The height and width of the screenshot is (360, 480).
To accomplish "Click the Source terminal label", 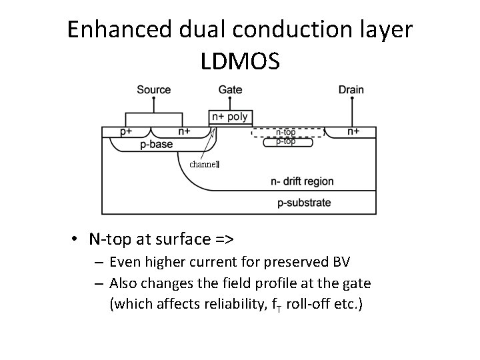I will click(x=153, y=89).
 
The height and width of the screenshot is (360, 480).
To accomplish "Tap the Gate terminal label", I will click(x=230, y=89).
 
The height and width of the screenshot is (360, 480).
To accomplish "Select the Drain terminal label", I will click(x=351, y=89).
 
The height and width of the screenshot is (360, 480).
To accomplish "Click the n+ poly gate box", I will click(x=229, y=117).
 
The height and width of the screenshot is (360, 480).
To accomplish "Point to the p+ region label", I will click(x=127, y=131).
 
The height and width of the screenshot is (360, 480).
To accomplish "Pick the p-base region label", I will click(x=156, y=144).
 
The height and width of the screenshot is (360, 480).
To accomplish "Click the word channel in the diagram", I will click(x=204, y=164).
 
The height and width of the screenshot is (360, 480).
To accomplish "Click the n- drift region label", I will click(x=302, y=181).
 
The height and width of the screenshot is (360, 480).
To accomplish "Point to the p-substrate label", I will click(x=304, y=202).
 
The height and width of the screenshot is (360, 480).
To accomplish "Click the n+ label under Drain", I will click(x=353, y=131).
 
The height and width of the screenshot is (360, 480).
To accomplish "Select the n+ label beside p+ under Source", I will click(x=185, y=131).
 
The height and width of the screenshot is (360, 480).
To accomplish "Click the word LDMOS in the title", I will click(x=240, y=61).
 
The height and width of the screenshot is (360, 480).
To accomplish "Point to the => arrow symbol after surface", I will click(x=225, y=238).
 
